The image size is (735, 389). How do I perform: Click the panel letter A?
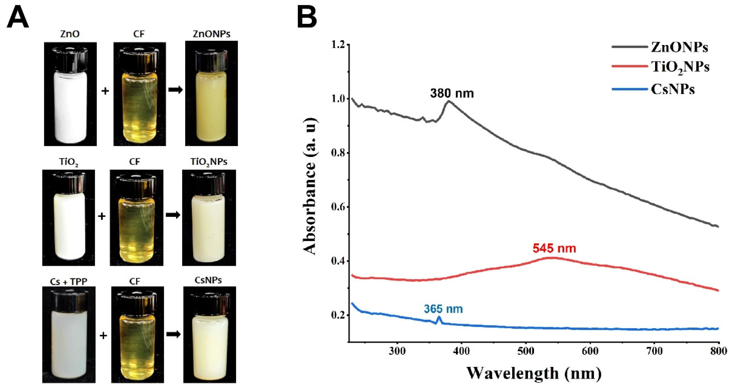(18, 18)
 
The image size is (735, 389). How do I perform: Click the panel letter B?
(307, 18)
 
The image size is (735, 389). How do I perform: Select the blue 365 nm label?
(443, 309)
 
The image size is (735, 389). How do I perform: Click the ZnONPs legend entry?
(679, 47)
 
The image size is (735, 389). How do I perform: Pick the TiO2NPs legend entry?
(680, 67)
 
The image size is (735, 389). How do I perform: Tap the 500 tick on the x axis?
(526, 351)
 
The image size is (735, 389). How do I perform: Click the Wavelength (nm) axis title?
(534, 373)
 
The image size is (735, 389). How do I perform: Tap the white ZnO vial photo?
(70, 94)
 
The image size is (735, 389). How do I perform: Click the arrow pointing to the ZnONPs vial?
(175, 90)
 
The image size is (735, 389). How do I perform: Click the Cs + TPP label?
(68, 281)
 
